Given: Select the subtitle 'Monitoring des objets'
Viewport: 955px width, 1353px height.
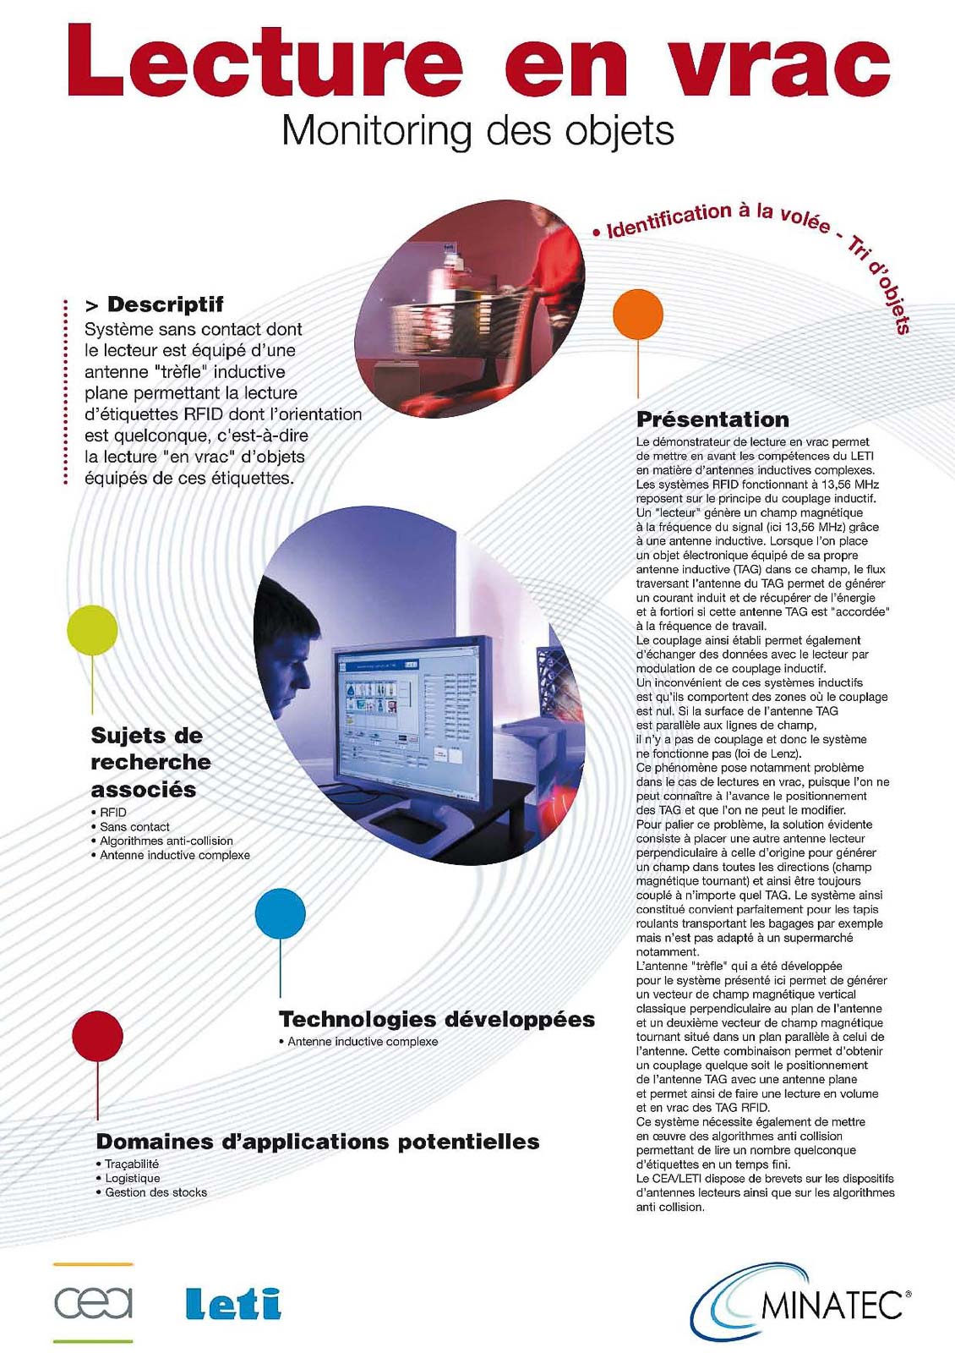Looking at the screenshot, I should pos(477,131).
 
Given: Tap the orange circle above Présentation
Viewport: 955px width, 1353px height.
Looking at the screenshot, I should pos(638,314).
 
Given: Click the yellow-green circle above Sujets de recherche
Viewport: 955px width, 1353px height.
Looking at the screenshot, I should pos(92,630).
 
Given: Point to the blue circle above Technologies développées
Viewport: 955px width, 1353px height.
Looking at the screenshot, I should pos(280,913).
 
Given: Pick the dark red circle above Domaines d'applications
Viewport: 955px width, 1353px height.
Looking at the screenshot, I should pos(97,1035).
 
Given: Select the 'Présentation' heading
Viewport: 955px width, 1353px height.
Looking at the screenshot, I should pos(712,419).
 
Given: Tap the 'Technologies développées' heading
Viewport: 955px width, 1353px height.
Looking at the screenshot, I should pos(436,1020).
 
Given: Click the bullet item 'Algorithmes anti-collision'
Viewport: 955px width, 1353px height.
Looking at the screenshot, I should pos(166,841).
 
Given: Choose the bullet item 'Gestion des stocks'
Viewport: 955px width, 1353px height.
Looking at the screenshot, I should pos(156,1192).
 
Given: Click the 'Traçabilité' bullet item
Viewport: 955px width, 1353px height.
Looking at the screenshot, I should pos(132,1164).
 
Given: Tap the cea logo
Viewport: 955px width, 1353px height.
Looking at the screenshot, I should pos(93,1302).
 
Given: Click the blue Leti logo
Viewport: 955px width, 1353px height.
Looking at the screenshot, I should pos(233,1303).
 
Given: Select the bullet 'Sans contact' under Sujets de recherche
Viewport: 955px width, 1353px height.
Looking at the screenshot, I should pos(134,826).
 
